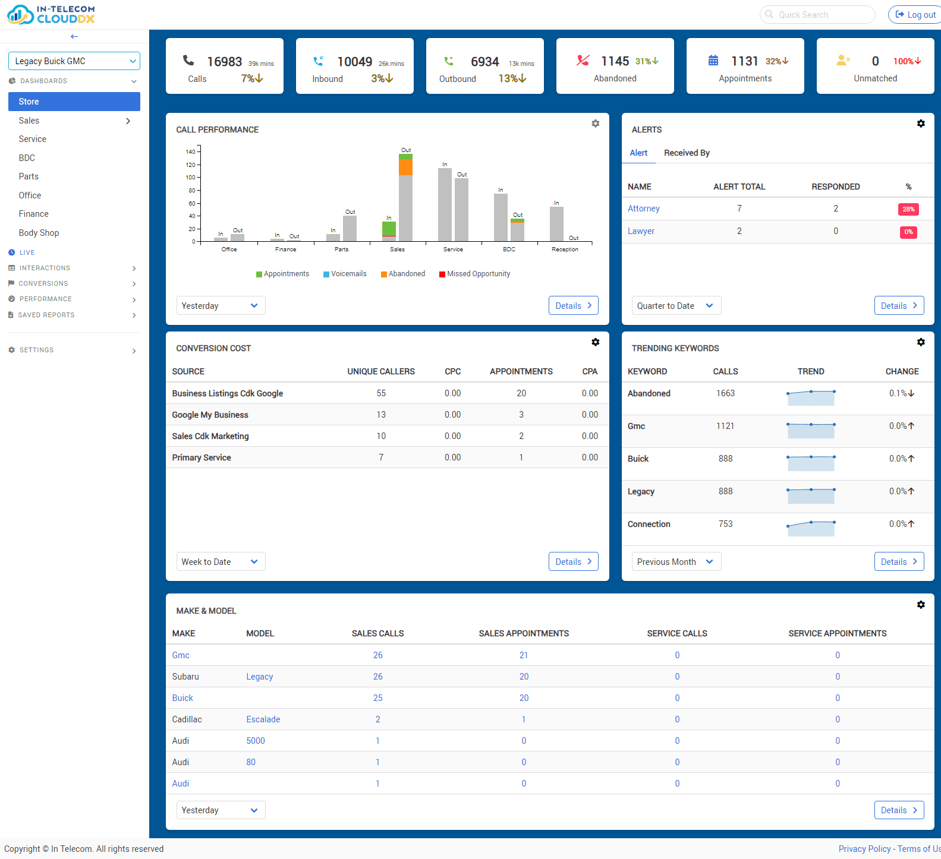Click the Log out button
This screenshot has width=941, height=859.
(915, 15)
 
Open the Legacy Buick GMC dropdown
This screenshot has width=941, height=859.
(74, 61)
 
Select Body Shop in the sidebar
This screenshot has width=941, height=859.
(39, 233)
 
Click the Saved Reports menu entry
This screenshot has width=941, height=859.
(46, 315)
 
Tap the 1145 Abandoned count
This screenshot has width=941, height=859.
(615, 62)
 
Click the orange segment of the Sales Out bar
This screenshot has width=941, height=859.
(405, 168)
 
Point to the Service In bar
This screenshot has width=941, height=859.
(445, 205)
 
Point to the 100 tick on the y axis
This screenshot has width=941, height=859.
(191, 178)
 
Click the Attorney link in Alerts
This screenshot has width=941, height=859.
(643, 209)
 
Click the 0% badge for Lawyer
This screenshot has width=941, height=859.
(908, 232)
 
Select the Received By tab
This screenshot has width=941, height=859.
(687, 153)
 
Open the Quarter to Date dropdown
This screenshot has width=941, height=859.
(676, 306)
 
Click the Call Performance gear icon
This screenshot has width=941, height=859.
(595, 124)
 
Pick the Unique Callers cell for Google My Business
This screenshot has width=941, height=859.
(381, 415)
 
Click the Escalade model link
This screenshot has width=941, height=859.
(263, 719)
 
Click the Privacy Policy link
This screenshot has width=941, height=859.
(864, 849)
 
